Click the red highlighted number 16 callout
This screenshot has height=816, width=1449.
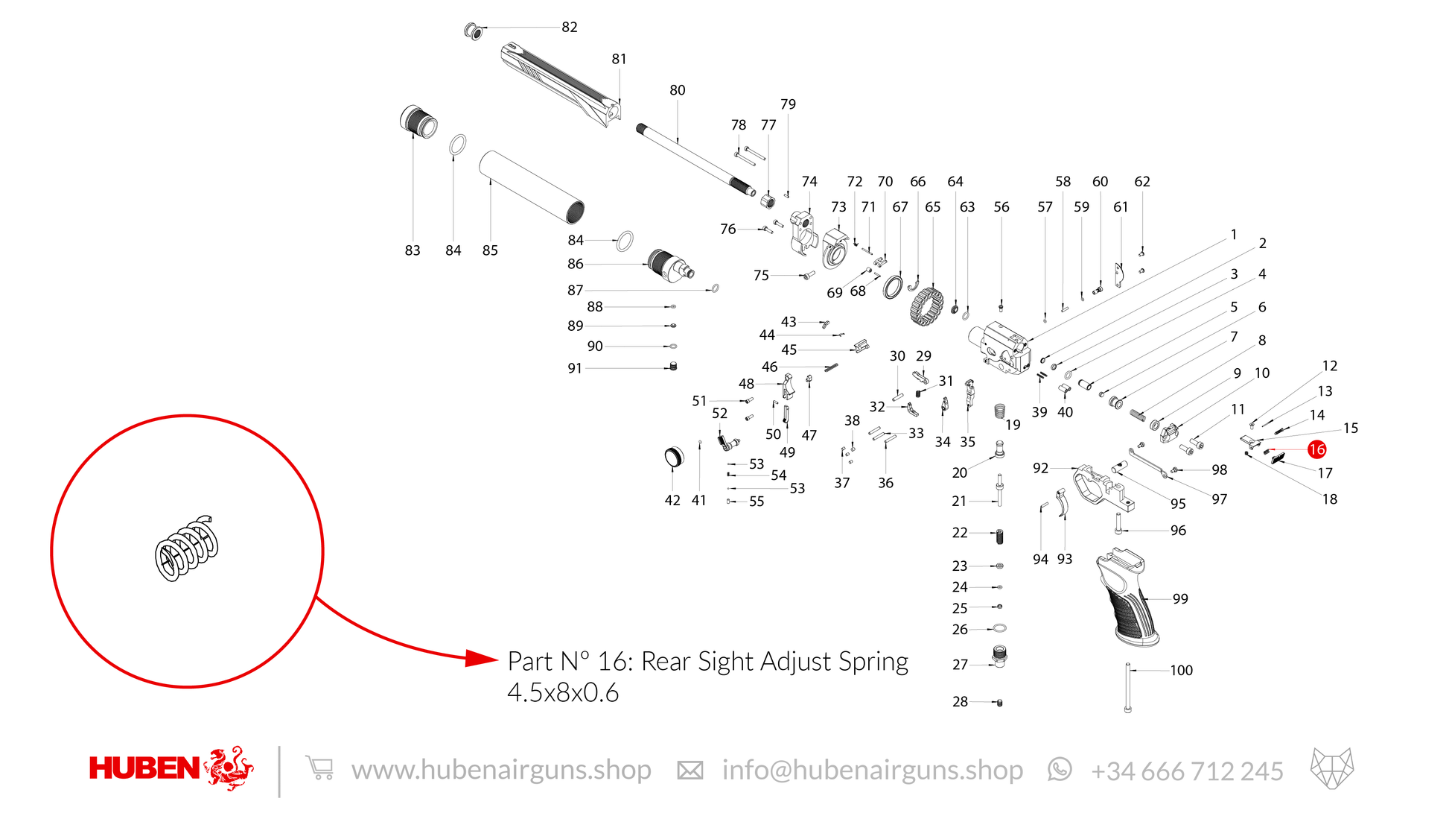coord(1316,449)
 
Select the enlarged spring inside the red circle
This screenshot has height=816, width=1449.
coord(187,548)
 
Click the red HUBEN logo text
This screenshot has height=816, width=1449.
coord(144,768)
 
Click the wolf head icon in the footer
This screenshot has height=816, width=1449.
coord(1332,768)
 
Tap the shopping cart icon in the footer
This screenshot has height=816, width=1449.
coord(319,768)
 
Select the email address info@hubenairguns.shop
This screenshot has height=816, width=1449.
coord(873,770)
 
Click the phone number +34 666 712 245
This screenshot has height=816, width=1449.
coord(1187,771)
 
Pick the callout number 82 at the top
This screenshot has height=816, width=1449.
coord(570,27)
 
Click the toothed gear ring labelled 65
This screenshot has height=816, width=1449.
coord(926,306)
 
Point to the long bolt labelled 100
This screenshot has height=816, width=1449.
coord(1128,688)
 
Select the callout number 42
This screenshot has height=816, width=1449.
coord(672,500)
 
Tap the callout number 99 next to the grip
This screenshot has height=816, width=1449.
coord(1180,598)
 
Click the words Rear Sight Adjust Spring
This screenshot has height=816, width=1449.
coord(774,662)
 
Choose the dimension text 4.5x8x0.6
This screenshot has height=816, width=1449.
coord(563,693)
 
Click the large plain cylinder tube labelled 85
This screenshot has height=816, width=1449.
coord(532,187)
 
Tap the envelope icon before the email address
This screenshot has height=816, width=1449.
coord(690,771)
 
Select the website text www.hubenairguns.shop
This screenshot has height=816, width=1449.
coord(501,770)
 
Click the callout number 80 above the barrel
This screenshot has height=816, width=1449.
coord(678,90)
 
